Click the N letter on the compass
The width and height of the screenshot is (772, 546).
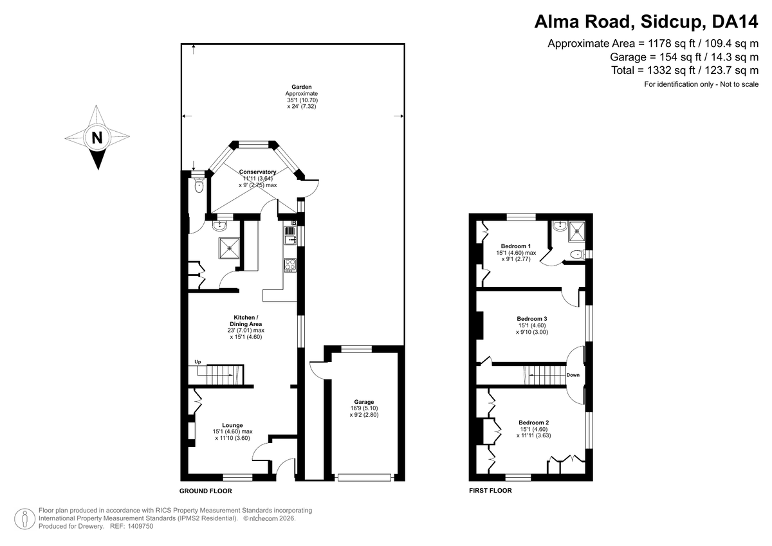click(97, 138)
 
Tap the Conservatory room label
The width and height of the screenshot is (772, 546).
click(257, 172)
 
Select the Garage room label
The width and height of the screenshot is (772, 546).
click(364, 402)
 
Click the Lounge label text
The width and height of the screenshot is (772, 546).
click(232, 425)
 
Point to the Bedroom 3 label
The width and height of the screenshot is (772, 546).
click(532, 318)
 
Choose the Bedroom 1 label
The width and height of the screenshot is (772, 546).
click(516, 246)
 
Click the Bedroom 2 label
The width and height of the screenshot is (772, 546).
click(534, 423)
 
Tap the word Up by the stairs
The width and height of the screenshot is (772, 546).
click(198, 361)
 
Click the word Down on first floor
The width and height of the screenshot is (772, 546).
click(573, 375)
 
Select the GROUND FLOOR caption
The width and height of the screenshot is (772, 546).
click(206, 491)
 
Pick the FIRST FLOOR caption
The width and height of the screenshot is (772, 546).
click(490, 490)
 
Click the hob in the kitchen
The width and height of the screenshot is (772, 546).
click(290, 265)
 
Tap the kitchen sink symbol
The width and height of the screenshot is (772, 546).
click(290, 235)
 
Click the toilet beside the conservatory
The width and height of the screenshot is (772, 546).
click(199, 185)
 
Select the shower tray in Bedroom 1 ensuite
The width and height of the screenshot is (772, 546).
click(576, 231)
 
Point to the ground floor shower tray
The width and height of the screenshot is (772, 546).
click(229, 248)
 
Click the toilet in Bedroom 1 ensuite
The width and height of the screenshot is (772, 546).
click(577, 255)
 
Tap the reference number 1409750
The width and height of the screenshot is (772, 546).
click(140, 526)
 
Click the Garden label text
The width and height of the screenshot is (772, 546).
click(302, 87)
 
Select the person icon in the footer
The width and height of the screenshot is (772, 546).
click(25, 518)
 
